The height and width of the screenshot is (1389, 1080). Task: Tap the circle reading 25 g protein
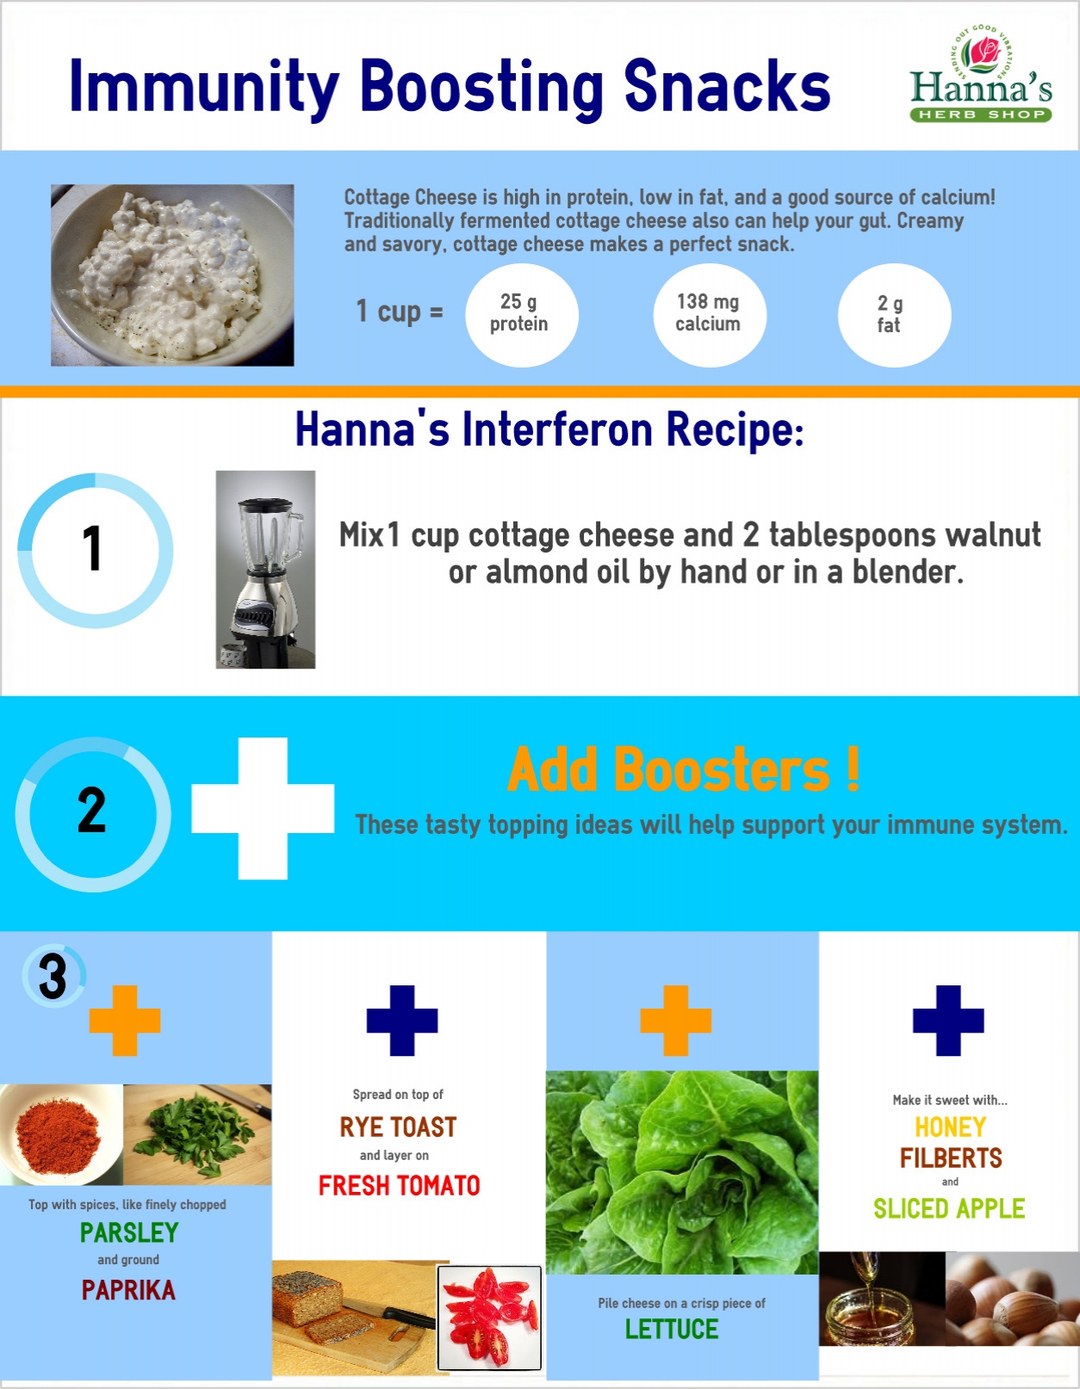click(521, 315)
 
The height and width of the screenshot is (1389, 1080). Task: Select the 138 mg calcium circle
click(709, 315)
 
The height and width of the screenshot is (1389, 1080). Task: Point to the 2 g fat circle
click(894, 315)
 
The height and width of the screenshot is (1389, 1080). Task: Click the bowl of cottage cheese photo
click(172, 275)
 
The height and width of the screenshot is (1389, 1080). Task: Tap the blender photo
click(265, 570)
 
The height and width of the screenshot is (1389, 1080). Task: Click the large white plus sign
click(263, 809)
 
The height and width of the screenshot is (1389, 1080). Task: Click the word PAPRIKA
click(128, 1290)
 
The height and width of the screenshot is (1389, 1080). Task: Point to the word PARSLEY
click(129, 1232)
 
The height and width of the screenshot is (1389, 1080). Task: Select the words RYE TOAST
click(399, 1127)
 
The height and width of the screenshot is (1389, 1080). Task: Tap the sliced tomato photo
click(490, 1318)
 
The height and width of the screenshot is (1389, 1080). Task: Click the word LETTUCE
click(672, 1330)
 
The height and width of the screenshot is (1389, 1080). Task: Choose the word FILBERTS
click(951, 1157)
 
